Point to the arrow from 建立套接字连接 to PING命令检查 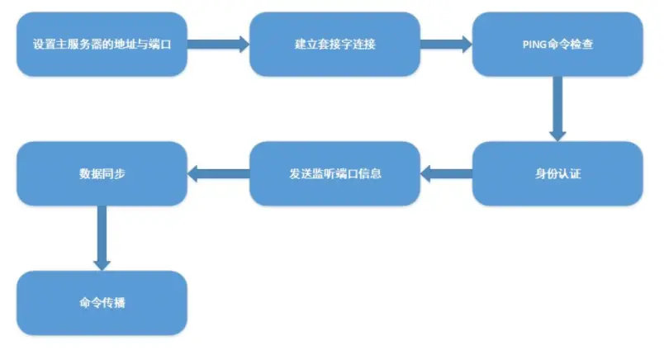coord(446,44)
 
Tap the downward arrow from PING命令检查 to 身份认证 coord(557,108)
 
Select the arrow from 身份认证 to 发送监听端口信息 coord(446,173)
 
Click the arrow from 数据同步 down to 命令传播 coord(102,238)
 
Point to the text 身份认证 coord(557,173)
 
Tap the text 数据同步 coord(102,173)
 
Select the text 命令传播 coord(102,303)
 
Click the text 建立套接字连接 coord(334,44)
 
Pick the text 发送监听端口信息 coord(334,173)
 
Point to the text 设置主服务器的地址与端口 coord(102,44)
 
